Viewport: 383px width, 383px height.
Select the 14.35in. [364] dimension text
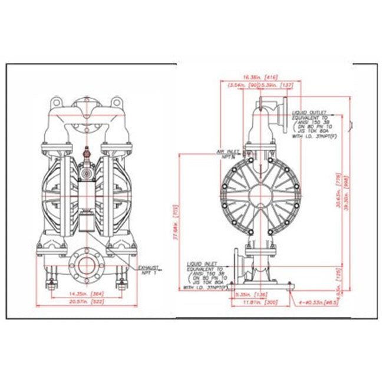[85, 292]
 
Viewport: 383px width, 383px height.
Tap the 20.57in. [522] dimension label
[85, 302]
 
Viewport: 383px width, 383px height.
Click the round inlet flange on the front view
[87, 266]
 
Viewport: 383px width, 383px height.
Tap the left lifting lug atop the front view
[57, 104]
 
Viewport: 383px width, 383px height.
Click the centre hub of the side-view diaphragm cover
[260, 196]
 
